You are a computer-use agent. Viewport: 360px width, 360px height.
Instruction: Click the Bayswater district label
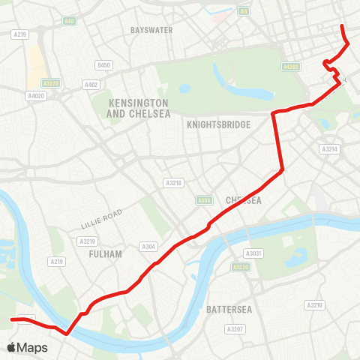click(x=151, y=30)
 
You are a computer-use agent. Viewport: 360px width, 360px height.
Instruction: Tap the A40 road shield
click(x=70, y=21)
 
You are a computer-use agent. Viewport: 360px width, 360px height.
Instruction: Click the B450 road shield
click(x=104, y=65)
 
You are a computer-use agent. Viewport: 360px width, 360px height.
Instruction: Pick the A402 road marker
click(x=91, y=84)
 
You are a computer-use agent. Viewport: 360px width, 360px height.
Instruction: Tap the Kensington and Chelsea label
click(x=139, y=108)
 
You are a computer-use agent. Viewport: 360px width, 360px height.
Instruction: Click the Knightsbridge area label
click(x=218, y=124)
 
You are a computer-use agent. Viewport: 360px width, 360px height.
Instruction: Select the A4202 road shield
click(x=291, y=67)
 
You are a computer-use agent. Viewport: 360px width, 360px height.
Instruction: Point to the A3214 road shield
click(x=329, y=149)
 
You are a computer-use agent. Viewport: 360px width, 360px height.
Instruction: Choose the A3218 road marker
click(x=173, y=182)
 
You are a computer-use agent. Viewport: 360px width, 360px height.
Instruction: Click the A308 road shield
click(x=203, y=200)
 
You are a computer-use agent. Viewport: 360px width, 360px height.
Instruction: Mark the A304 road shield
click(x=148, y=246)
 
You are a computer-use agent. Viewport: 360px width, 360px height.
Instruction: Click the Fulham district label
click(x=105, y=254)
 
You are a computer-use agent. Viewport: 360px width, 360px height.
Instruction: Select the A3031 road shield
click(x=255, y=253)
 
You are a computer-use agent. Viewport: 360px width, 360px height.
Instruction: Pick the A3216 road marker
click(x=314, y=305)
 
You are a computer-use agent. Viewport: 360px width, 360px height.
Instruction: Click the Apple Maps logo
click(x=28, y=347)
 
